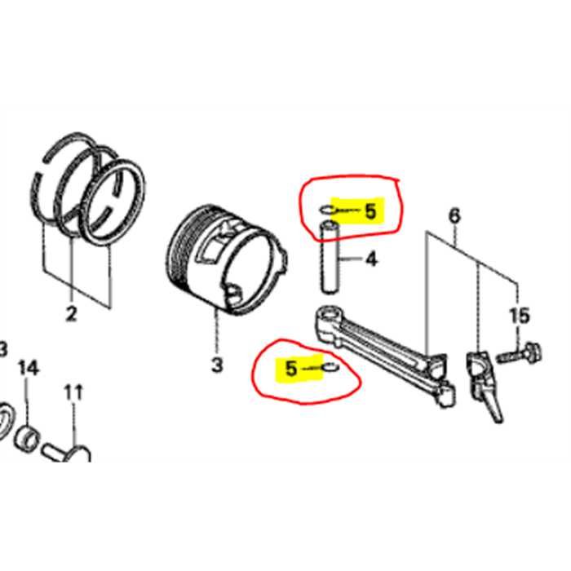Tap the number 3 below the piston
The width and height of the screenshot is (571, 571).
(217, 365)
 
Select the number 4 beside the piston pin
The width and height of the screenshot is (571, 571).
(370, 260)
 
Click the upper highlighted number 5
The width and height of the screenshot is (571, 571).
(370, 212)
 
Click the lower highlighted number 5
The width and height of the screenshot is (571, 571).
(291, 370)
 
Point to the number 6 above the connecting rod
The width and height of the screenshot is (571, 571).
(454, 216)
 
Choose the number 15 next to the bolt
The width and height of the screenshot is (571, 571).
(520, 315)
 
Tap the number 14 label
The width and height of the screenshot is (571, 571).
(28, 369)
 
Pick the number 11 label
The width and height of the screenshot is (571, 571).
(73, 392)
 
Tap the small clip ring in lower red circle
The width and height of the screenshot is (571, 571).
(328, 370)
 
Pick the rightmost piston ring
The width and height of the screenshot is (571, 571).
(116, 199)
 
